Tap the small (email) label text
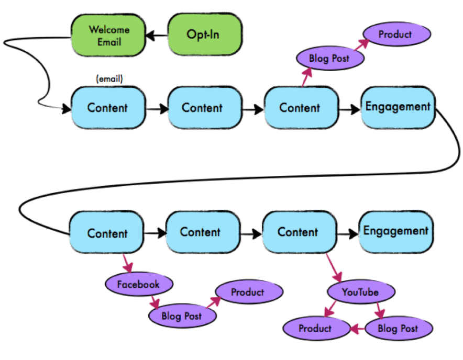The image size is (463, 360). (109, 79)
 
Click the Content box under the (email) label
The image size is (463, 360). (107, 108)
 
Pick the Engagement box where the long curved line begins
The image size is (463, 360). (398, 107)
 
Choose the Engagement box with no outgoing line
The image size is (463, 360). (395, 231)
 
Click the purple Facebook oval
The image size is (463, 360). (138, 285)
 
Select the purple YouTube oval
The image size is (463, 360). (360, 291)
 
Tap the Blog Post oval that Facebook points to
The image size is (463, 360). (181, 316)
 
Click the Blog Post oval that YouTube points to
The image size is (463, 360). (398, 329)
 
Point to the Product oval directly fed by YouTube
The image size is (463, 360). (315, 329)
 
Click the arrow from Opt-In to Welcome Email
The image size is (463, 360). (157, 36)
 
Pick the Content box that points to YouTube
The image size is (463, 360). (298, 232)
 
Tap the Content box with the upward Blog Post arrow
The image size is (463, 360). (300, 108)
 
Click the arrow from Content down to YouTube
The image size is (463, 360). (334, 268)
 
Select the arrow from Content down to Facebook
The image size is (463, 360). (126, 263)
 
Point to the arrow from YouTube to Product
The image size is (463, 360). (333, 309)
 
